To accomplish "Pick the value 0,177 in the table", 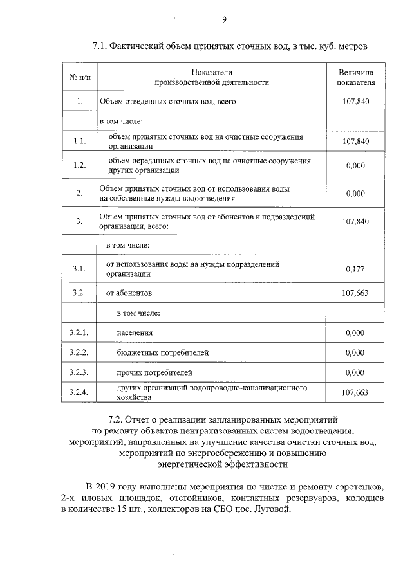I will click(x=355, y=269).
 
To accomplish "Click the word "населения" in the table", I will click(x=135, y=333).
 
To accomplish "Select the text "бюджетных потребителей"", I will click(x=162, y=353).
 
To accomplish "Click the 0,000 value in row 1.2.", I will click(x=355, y=166).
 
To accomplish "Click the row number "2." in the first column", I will click(x=80, y=193).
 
